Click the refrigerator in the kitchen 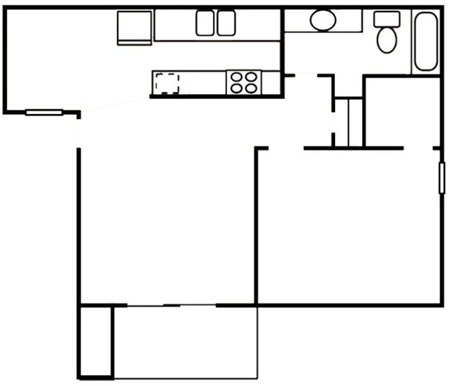[x=134, y=27]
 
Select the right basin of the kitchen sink [x=226, y=24]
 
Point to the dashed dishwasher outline [x=167, y=83]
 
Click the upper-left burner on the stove [x=236, y=77]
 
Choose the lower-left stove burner [x=236, y=88]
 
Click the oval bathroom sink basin [x=323, y=21]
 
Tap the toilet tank [x=386, y=19]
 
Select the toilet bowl [x=386, y=40]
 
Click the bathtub [x=426, y=42]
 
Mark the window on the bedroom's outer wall [x=441, y=177]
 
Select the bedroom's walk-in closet [x=401, y=111]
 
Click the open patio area [x=185, y=342]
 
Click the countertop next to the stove [x=201, y=82]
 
